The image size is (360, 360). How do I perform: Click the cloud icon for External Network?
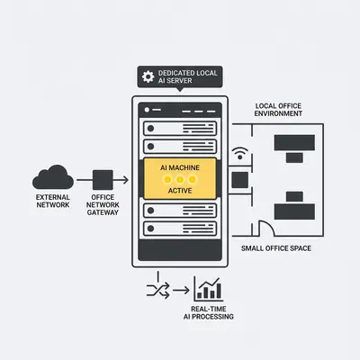pos(53,177)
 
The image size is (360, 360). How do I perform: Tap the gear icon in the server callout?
pos(148,76)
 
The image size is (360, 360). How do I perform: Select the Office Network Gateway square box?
pos(103,180)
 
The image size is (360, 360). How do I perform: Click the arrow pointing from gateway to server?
pos(121,180)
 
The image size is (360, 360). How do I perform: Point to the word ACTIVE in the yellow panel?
pos(180,191)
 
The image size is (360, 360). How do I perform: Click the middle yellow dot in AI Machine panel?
pos(180,180)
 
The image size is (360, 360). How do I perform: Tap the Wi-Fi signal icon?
pos(240,153)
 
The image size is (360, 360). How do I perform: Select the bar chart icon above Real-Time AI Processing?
pos(209,289)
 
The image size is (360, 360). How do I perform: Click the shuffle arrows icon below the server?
pos(158,290)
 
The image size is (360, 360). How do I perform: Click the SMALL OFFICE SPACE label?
pos(276,248)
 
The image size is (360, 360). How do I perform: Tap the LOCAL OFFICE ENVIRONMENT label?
pos(278,110)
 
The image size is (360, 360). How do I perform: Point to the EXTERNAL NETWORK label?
pos(53,201)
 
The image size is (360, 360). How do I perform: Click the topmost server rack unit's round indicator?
pos(150,129)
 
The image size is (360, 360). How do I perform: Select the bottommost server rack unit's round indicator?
pos(150,229)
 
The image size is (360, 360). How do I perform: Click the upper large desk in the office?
pos(294,143)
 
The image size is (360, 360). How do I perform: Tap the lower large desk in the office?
pos(294,211)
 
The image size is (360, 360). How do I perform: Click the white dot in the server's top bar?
pos(147,110)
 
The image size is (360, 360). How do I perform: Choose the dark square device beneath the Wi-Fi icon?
pos(240,180)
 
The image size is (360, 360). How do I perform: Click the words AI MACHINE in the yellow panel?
pos(180,167)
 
